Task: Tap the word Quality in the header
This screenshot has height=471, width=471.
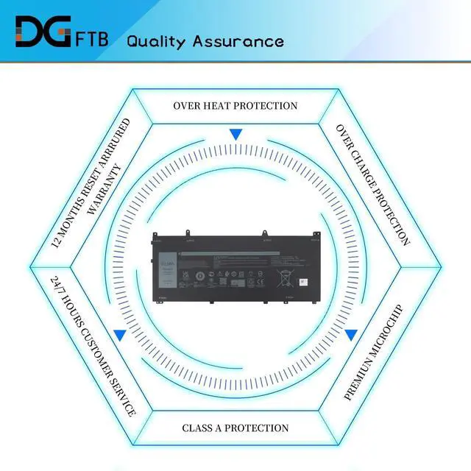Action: click(157, 40)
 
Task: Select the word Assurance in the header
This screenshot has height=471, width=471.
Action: click(238, 40)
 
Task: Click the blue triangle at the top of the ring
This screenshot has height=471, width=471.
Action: click(235, 135)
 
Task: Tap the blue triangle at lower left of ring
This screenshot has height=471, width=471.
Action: click(120, 335)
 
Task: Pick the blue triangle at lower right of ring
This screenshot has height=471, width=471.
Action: click(351, 335)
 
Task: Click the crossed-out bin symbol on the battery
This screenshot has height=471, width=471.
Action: click(283, 278)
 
